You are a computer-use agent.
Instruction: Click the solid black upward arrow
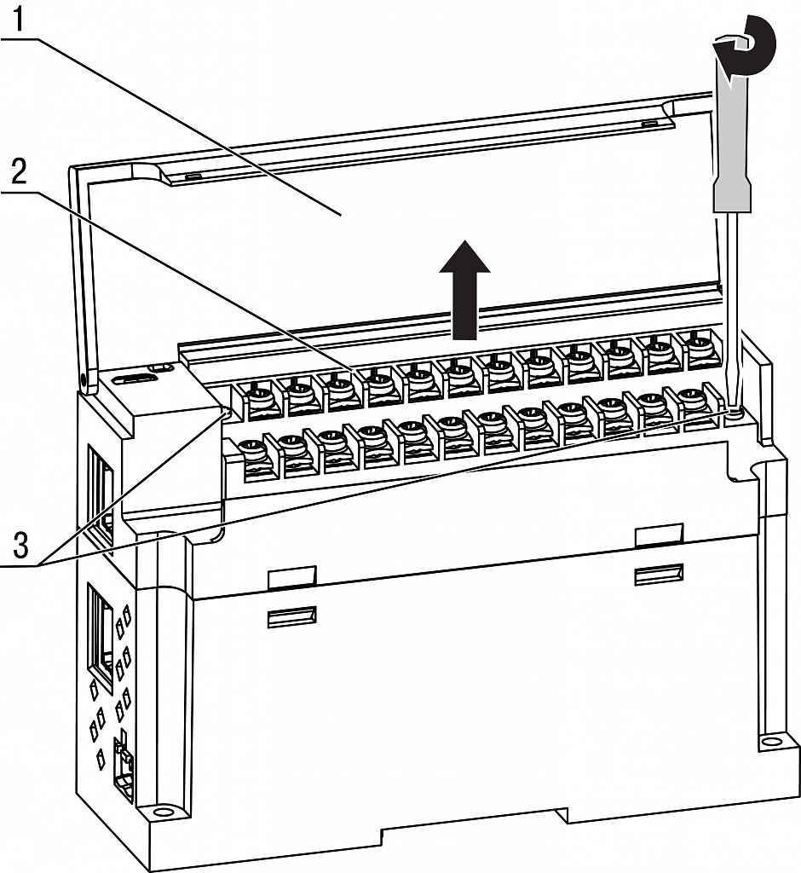(465, 290)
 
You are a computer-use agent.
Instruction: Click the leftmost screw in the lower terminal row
(251, 447)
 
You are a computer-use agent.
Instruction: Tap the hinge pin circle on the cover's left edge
(83, 378)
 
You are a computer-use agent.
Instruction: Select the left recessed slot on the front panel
(291, 617)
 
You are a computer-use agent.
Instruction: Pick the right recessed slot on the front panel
(659, 574)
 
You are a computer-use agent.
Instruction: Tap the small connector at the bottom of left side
(124, 766)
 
